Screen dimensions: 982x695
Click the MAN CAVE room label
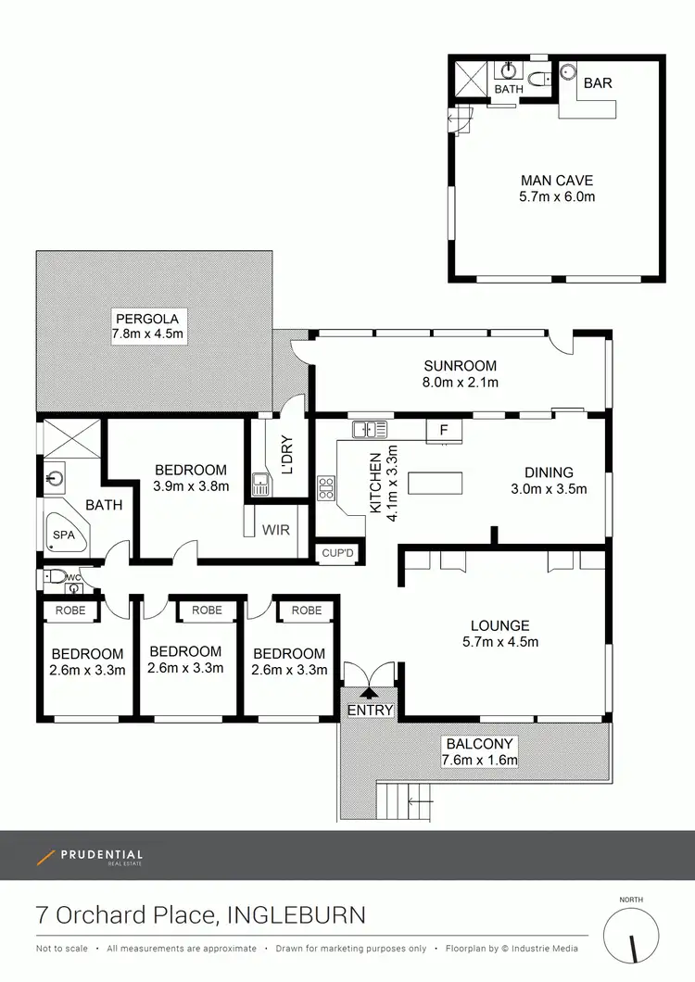point(556,181)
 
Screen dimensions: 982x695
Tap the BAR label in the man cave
point(598,83)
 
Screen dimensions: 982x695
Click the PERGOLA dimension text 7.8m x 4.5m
point(149,334)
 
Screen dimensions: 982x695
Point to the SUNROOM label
point(461,366)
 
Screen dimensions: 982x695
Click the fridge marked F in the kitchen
point(444,430)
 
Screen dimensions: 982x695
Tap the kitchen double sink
point(368,429)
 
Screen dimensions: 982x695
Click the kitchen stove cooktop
point(326,487)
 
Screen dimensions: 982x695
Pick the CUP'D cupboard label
point(337,553)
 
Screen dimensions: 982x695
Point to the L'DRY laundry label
point(286,455)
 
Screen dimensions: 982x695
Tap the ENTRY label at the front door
point(371,711)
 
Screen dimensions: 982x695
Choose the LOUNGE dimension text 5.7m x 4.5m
point(499,641)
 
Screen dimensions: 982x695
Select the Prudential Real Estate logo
point(90,857)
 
